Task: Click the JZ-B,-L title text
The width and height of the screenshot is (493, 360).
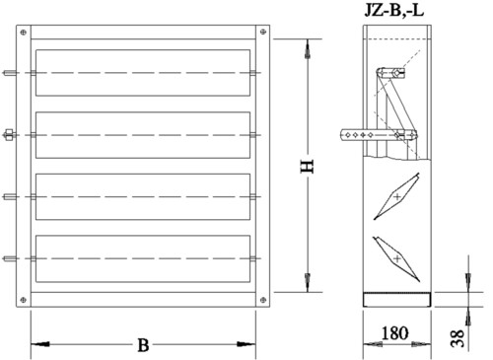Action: [394, 10]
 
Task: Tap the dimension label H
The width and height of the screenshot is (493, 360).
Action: [308, 167]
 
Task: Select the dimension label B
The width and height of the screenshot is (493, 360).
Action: [143, 345]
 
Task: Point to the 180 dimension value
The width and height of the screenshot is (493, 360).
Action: [394, 333]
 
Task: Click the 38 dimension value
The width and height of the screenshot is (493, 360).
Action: [458, 338]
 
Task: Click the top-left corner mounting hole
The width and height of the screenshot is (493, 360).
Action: [24, 33]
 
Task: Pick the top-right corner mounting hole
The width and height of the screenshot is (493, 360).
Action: [263, 32]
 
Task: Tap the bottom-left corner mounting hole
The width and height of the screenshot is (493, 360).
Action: [24, 300]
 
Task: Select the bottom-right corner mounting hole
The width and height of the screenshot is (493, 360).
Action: [263, 300]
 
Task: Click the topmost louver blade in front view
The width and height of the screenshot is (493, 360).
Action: [143, 73]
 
